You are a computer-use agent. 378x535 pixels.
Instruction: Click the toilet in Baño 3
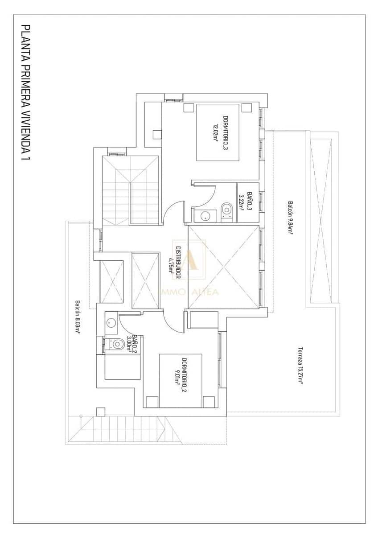click(227, 210)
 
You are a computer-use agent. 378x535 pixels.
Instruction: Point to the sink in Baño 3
click(205, 216)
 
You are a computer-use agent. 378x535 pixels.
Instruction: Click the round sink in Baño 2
click(111, 321)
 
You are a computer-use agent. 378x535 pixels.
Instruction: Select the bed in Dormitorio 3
click(218, 132)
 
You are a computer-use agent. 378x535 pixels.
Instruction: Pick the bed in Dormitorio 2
click(181, 380)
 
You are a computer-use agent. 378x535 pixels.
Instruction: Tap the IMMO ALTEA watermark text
click(189, 292)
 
